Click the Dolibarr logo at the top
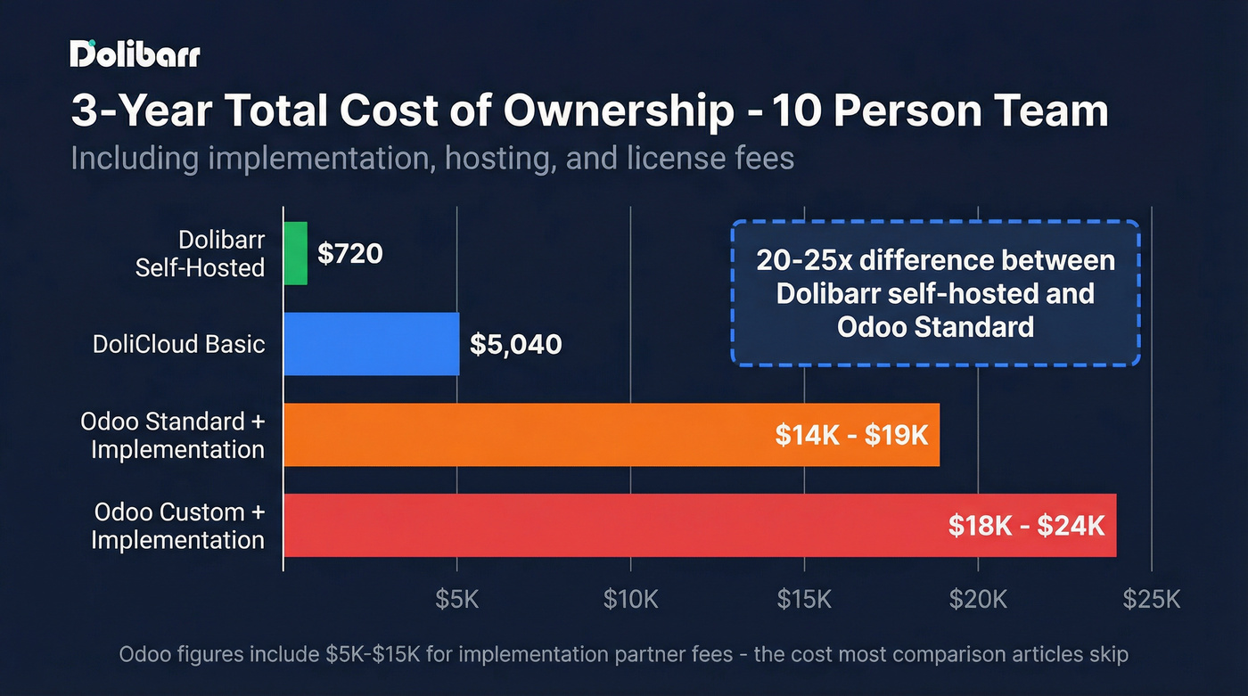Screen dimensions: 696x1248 click(x=135, y=54)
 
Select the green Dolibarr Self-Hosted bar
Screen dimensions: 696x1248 click(x=295, y=254)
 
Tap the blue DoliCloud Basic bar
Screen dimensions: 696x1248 click(x=372, y=344)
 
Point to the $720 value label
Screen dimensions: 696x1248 click(x=350, y=254)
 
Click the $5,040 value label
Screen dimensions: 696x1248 click(x=516, y=344)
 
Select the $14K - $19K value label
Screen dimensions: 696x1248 click(x=851, y=435)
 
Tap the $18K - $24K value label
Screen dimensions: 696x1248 click(x=1027, y=525)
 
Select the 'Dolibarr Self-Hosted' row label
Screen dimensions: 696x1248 click(x=201, y=254)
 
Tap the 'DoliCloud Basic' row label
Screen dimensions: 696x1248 click(x=179, y=344)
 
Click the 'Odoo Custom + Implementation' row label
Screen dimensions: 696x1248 click(x=178, y=526)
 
